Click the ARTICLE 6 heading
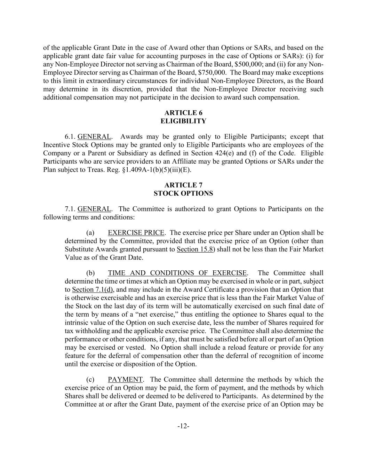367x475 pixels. [x=183, y=113]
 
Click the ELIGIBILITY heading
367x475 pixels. [x=183, y=121]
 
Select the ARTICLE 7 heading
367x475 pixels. [x=183, y=185]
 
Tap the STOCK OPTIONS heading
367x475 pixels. [x=183, y=193]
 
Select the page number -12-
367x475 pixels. [x=183, y=426]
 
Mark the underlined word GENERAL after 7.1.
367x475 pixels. [x=94, y=209]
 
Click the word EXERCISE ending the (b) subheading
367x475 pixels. [x=230, y=273]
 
